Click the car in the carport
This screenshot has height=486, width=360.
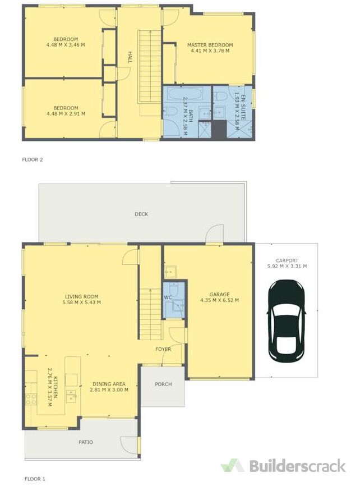pos(287,321)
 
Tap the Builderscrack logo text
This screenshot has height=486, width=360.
pos(297,466)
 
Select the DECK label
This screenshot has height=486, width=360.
pos(141,214)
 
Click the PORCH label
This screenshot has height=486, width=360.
pos(163,384)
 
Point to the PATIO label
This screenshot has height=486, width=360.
pos(85,442)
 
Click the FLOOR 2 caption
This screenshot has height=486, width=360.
pos(33,159)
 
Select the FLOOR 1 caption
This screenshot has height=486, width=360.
pos(35,479)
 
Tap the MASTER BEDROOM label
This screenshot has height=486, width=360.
pos(210,45)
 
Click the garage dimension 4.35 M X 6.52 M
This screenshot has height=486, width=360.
pos(220,300)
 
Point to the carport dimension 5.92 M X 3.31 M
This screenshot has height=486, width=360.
pos(287,266)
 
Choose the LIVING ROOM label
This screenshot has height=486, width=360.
pos(81,296)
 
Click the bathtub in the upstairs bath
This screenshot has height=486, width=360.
pos(183,93)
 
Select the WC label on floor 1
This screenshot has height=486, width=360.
pos(168,297)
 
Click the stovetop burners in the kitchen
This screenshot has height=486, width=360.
pos(31,399)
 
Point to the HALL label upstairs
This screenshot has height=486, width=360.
pos(130,57)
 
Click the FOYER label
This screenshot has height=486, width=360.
pos(163,349)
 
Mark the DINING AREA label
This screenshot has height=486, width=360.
pos(109,384)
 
